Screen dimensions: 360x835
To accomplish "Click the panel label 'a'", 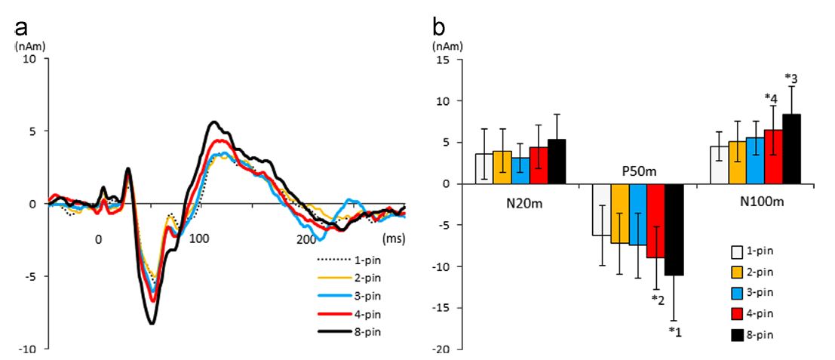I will (x=23, y=28).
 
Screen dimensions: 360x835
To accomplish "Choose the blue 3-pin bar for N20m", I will (x=520, y=171).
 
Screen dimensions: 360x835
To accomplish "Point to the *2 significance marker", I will (x=657, y=299).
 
